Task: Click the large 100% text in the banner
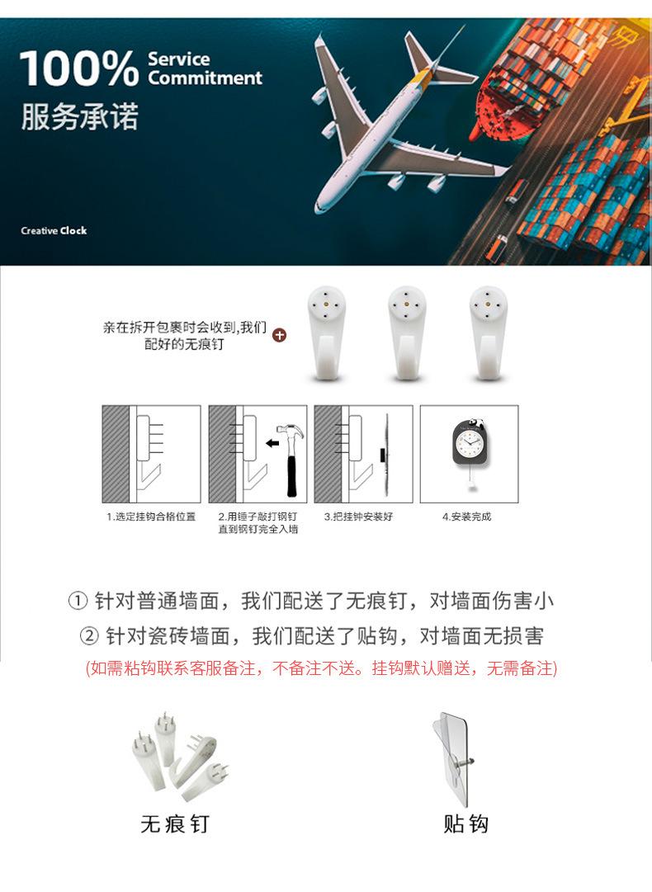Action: point(79,68)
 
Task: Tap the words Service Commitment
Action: point(204,69)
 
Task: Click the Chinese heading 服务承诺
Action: point(79,117)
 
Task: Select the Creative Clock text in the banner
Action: point(54,230)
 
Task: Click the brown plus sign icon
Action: point(279,335)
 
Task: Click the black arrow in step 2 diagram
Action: point(271,444)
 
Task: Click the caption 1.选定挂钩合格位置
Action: point(151,517)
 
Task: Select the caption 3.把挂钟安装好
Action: point(363,517)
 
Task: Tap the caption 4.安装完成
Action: point(468,517)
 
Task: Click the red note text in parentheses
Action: point(322,668)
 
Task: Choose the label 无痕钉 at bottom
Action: point(174,824)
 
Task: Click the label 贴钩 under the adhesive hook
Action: point(466,824)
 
